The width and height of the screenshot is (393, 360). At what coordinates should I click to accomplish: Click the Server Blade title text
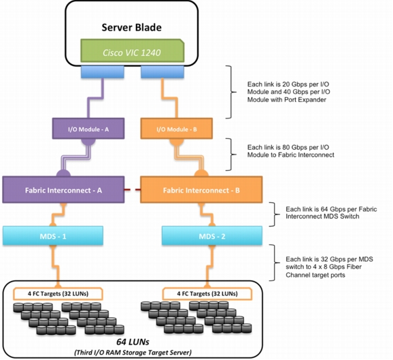[x=132, y=27]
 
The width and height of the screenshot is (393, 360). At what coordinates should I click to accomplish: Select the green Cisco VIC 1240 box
[x=133, y=50]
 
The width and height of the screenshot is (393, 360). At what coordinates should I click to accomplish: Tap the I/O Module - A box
[x=88, y=129]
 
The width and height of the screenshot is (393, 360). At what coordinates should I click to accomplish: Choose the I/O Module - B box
[x=177, y=129]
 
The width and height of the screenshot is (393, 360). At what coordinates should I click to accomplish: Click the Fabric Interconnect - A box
[x=63, y=190]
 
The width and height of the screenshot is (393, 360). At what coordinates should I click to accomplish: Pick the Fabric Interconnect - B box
[x=201, y=190]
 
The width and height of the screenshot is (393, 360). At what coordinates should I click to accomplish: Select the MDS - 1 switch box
[x=53, y=235]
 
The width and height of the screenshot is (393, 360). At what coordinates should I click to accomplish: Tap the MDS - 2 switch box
[x=212, y=235]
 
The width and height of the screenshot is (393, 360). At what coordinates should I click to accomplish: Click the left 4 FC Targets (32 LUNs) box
[x=58, y=294]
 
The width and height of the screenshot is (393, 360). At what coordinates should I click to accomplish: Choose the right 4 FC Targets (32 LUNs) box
[x=207, y=294]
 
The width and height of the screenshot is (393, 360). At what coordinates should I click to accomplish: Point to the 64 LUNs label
[x=133, y=342]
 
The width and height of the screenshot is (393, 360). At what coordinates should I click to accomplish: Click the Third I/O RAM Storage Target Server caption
[x=133, y=353]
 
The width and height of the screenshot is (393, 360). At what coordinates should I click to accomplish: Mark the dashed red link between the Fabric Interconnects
[x=133, y=190]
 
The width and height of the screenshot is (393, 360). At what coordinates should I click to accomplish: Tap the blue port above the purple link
[x=103, y=72]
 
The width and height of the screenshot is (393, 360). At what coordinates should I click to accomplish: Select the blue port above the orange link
[x=163, y=72]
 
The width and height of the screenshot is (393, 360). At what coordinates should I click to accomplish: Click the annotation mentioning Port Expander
[x=288, y=92]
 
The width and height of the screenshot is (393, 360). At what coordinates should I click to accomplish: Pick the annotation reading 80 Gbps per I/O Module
[x=291, y=151]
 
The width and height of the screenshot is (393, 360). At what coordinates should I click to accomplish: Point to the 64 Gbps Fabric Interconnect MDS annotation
[x=331, y=213]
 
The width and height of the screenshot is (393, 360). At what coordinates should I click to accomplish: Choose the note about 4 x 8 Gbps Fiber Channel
[x=329, y=267]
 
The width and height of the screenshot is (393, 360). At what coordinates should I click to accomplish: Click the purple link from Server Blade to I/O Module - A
[x=95, y=99]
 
